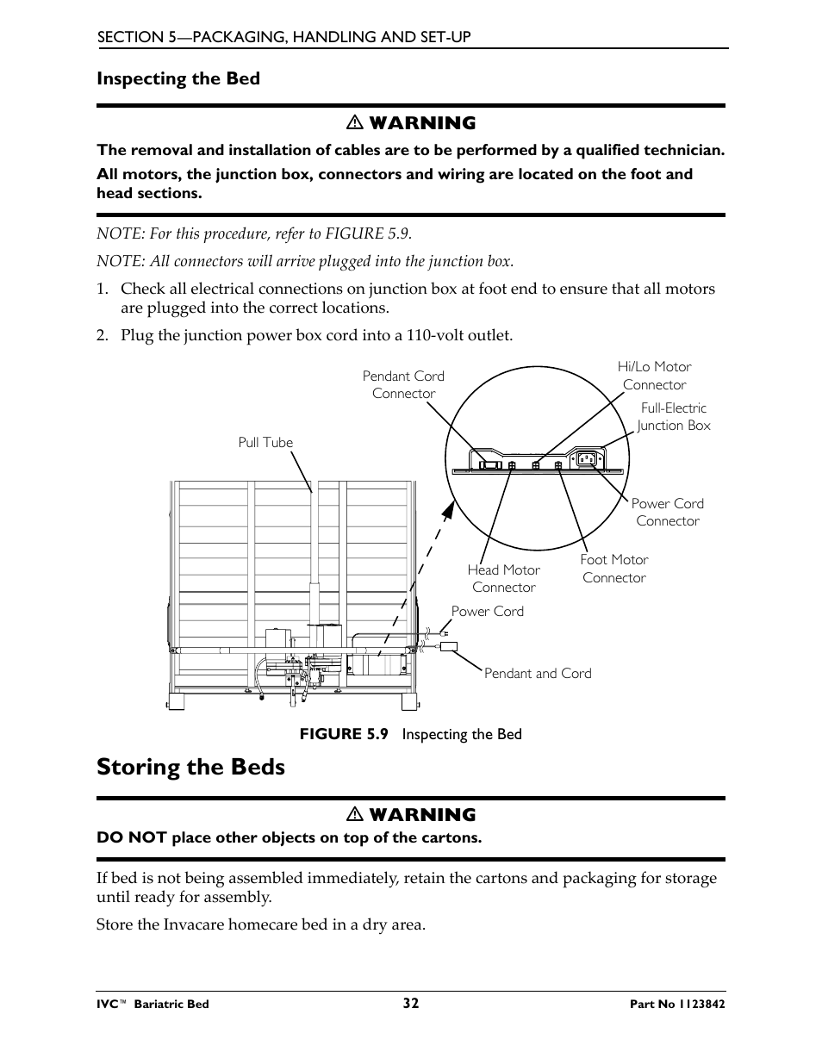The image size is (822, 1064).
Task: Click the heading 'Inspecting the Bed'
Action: (x=177, y=78)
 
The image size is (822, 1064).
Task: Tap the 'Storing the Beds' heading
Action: (x=190, y=766)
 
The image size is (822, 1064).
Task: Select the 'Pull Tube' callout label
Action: (x=265, y=442)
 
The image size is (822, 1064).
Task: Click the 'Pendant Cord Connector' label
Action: (x=403, y=384)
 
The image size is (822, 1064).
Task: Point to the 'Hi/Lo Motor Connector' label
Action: (x=654, y=376)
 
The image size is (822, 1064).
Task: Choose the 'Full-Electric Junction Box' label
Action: (x=674, y=416)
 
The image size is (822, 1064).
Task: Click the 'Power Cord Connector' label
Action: (x=667, y=512)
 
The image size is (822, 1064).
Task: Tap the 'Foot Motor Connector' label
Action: (x=613, y=569)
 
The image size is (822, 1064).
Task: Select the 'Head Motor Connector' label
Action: (x=503, y=578)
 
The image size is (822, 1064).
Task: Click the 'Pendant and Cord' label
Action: (x=538, y=673)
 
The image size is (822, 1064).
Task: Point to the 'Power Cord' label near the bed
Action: (x=487, y=611)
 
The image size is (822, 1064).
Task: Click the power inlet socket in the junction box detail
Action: (x=588, y=458)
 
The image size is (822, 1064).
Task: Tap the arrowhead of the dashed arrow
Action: (x=448, y=510)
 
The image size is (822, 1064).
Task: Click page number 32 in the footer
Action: (x=410, y=1003)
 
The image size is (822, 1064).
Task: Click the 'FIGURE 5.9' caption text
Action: (x=343, y=733)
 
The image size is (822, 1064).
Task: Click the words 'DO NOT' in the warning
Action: (x=131, y=837)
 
